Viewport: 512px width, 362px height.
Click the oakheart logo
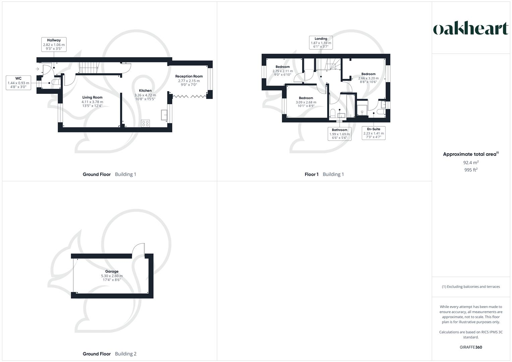point(470,28)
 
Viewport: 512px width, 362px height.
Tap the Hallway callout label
point(54,45)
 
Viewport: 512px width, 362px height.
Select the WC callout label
point(18,83)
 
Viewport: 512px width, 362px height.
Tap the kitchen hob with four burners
point(146,123)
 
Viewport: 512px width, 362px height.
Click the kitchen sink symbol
point(164,115)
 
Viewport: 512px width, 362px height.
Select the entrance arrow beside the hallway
point(37,69)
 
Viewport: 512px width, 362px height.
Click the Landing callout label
point(321,43)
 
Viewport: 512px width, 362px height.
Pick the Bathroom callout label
point(339,134)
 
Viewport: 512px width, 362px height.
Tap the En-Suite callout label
point(374,133)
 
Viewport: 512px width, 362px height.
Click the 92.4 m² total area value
point(471,163)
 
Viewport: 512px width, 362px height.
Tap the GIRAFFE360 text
point(471,347)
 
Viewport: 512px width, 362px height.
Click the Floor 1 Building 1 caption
point(324,174)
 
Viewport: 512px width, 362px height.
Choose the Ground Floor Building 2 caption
point(109,354)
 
